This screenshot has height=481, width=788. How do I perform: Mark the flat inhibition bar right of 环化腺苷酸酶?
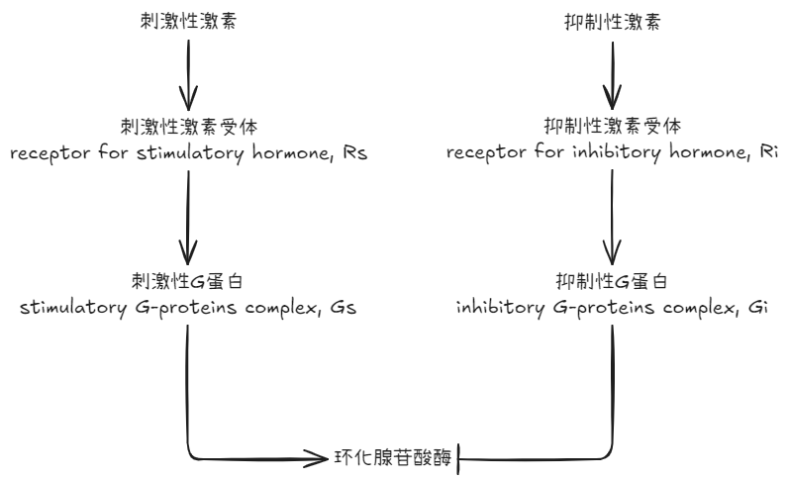tap(461, 458)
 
